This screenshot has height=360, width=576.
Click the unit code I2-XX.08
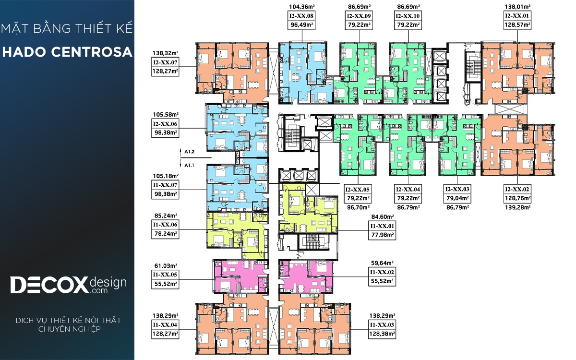[301, 16]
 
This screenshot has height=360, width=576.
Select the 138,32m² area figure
[165, 53]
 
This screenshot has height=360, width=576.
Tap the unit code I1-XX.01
[382, 226]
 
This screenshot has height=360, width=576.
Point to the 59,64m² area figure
[382, 263]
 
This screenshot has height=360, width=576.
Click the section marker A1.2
[190, 152]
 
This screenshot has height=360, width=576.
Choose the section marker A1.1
[189, 165]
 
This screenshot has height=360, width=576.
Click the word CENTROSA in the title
[92, 52]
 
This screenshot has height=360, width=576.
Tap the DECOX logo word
[49, 285]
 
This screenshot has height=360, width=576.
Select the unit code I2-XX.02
[517, 190]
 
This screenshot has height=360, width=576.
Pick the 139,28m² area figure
[517, 207]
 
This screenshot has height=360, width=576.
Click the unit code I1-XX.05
[165, 275]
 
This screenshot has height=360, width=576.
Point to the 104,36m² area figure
[302, 7]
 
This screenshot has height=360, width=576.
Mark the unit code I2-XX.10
[408, 16]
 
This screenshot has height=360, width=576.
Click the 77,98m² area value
[383, 235]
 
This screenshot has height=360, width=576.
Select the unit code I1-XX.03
[382, 325]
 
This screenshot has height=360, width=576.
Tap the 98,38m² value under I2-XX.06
[166, 133]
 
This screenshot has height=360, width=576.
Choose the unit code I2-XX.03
[457, 190]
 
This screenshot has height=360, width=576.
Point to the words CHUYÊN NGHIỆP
[70, 329]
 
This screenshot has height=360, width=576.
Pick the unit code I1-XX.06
[165, 225]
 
